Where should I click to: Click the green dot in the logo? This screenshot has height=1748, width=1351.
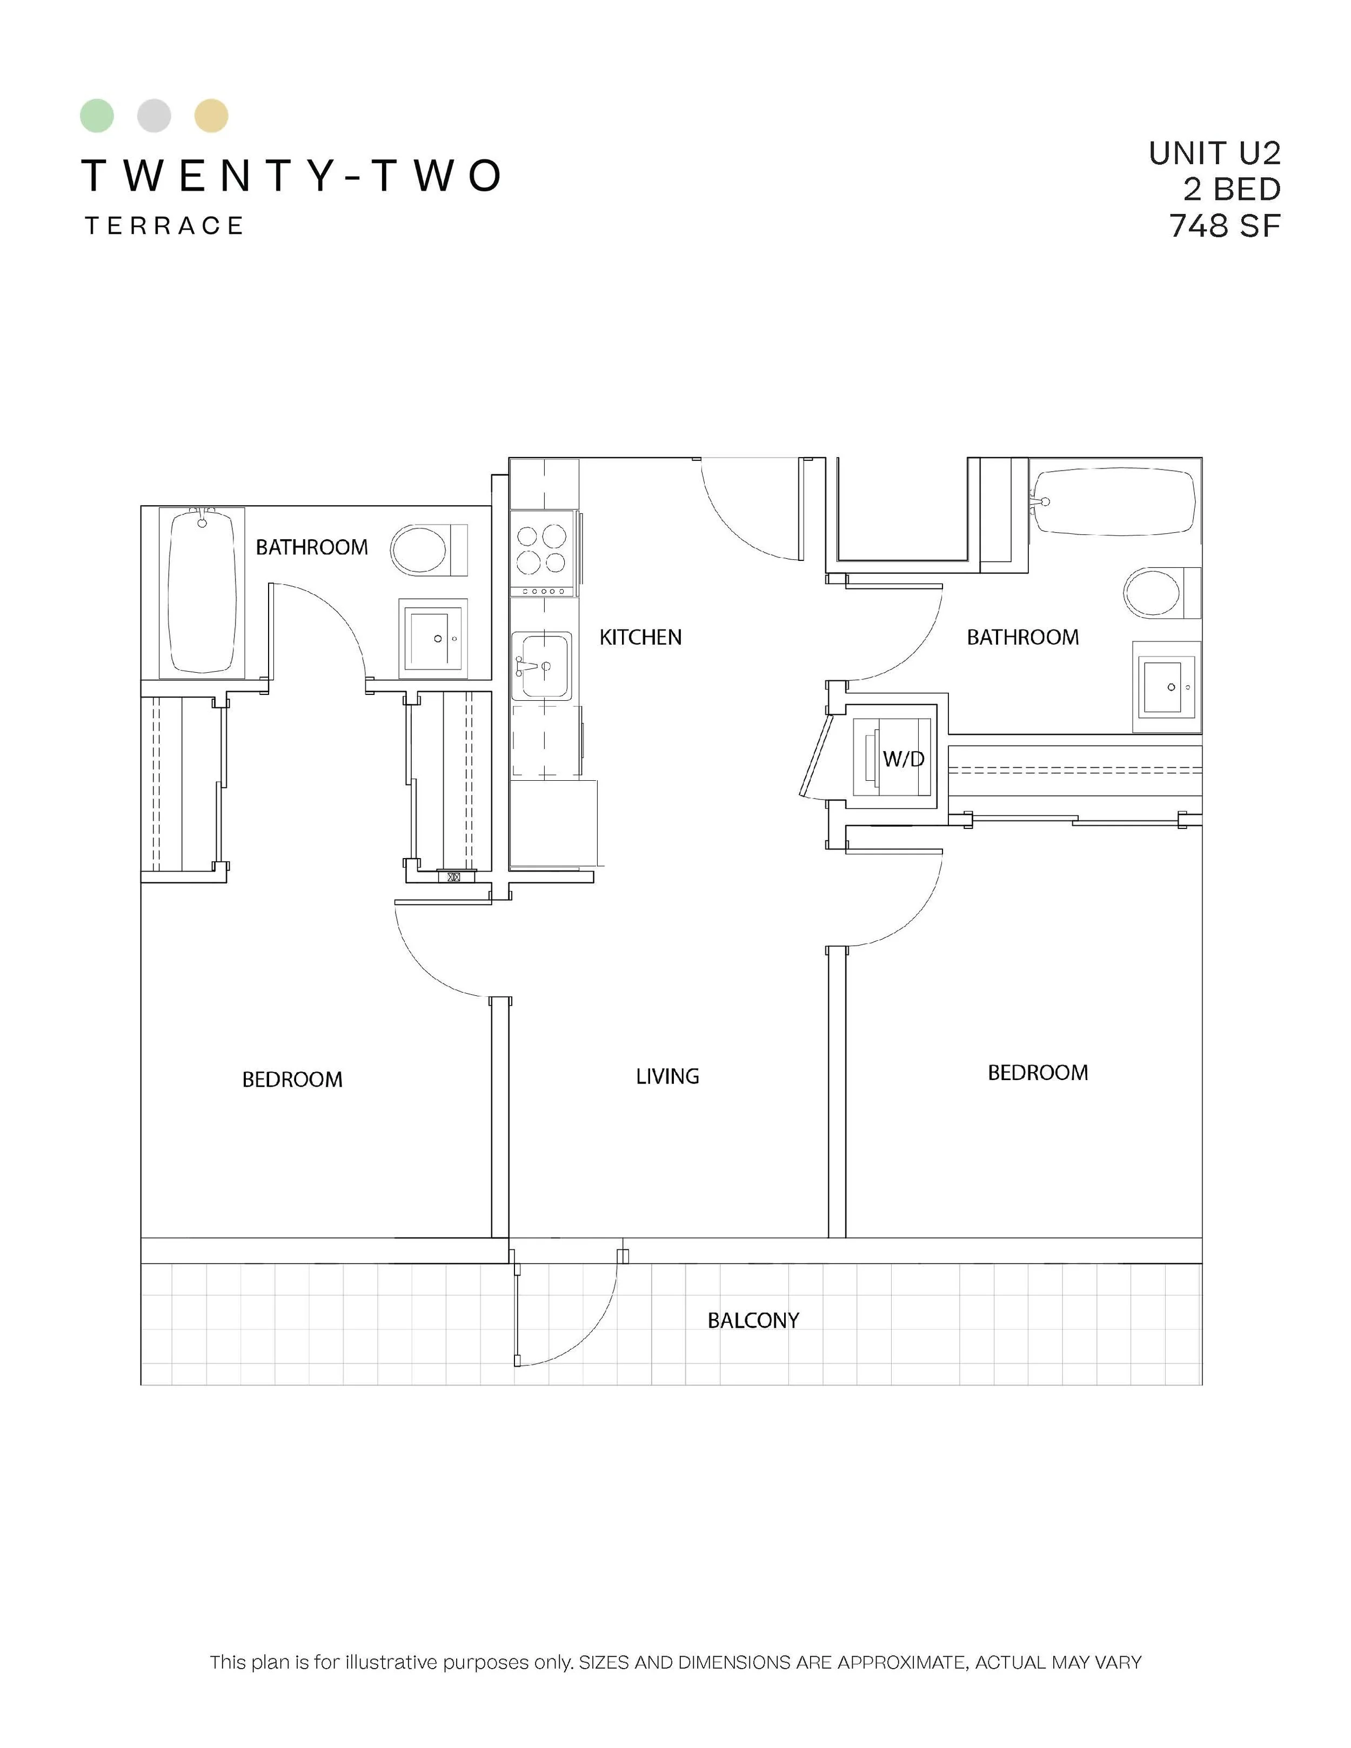tap(97, 116)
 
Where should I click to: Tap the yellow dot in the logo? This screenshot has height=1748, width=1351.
tap(211, 116)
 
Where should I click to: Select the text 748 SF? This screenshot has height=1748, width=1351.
tap(1225, 226)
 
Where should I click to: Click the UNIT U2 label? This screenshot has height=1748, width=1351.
tap(1215, 153)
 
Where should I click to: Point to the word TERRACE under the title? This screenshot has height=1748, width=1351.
tap(164, 226)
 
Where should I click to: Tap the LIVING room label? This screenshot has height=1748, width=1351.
tap(667, 1076)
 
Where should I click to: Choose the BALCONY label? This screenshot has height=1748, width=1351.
tap(753, 1321)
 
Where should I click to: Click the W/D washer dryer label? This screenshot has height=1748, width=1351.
tap(904, 759)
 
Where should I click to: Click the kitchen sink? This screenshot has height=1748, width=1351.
tap(542, 666)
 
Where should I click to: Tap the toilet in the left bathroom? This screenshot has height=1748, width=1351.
tap(428, 550)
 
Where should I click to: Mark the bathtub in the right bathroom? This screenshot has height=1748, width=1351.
tap(1115, 502)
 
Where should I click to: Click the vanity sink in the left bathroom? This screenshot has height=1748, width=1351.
tap(433, 638)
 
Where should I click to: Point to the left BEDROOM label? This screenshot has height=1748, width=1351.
tap(292, 1080)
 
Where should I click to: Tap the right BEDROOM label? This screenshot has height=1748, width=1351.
tap(1038, 1073)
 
